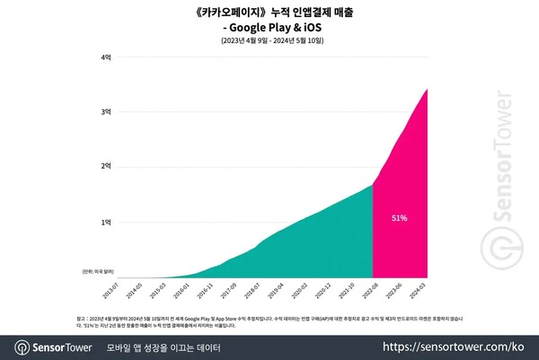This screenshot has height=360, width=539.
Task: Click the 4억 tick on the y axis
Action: tap(107, 57)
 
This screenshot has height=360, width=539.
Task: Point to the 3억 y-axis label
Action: tap(107, 111)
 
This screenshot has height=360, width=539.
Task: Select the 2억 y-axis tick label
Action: tap(107, 166)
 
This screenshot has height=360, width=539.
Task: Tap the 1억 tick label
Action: tap(107, 222)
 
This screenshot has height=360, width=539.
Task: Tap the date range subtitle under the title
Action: tap(269, 42)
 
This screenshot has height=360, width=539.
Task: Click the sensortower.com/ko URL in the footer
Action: tap(461, 347)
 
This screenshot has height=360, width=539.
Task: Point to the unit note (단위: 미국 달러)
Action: tap(96, 268)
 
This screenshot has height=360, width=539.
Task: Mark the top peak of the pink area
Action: tap(427, 89)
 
